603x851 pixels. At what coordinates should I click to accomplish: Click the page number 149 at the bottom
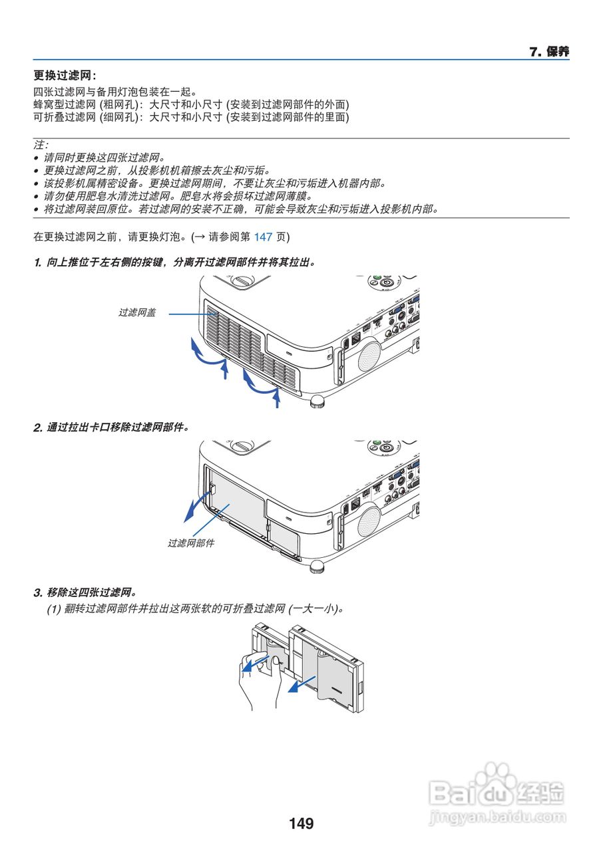(x=301, y=824)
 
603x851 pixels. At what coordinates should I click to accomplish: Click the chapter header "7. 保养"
(x=549, y=52)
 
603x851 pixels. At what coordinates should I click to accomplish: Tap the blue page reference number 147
(x=264, y=237)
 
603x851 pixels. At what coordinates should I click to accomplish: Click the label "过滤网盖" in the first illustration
(x=137, y=312)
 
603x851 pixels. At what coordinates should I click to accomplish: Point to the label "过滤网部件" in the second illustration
(x=190, y=543)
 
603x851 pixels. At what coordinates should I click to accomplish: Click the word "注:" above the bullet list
(x=41, y=144)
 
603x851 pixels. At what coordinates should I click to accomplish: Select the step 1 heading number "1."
(x=38, y=263)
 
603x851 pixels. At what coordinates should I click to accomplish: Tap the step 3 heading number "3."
(x=38, y=592)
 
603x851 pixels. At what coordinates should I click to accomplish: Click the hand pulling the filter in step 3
(x=256, y=685)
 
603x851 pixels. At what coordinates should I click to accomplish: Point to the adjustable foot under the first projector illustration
(x=318, y=401)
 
